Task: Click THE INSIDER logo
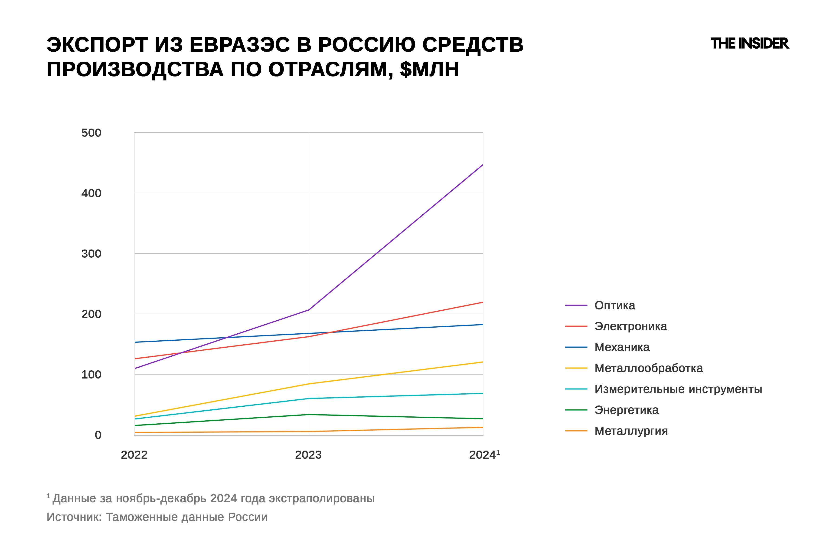pos(749,43)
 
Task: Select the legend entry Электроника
pos(630,326)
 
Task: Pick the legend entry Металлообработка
pos(648,368)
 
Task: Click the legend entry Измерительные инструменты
pos(678,389)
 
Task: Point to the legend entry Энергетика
pos(626,410)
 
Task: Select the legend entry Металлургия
pos(631,431)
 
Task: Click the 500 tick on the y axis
pos(91,133)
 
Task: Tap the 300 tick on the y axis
pos(91,254)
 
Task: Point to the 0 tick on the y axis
pos(98,435)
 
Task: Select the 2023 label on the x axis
pos(308,455)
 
